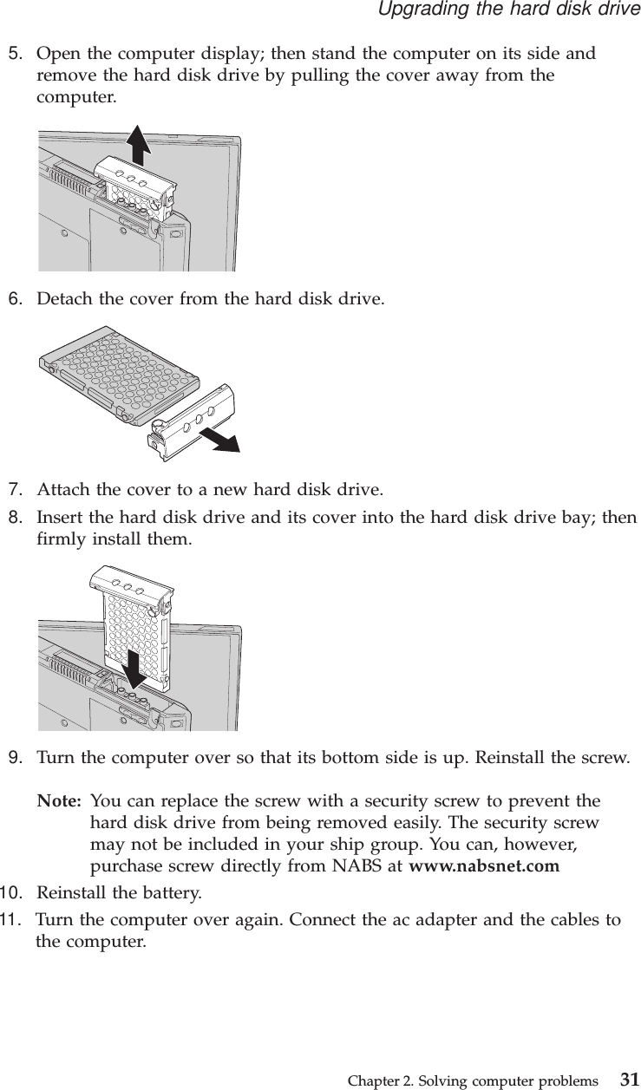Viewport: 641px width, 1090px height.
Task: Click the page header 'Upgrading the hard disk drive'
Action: tap(507, 10)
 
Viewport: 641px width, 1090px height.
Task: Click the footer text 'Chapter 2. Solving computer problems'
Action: tap(472, 1080)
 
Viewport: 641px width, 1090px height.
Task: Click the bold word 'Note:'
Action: tap(60, 800)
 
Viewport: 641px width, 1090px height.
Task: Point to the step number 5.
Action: tap(15, 54)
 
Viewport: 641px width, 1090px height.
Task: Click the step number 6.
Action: tap(15, 300)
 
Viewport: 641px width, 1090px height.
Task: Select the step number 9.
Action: tap(15, 758)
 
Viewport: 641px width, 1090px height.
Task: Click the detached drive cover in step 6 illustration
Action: tap(193, 420)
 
